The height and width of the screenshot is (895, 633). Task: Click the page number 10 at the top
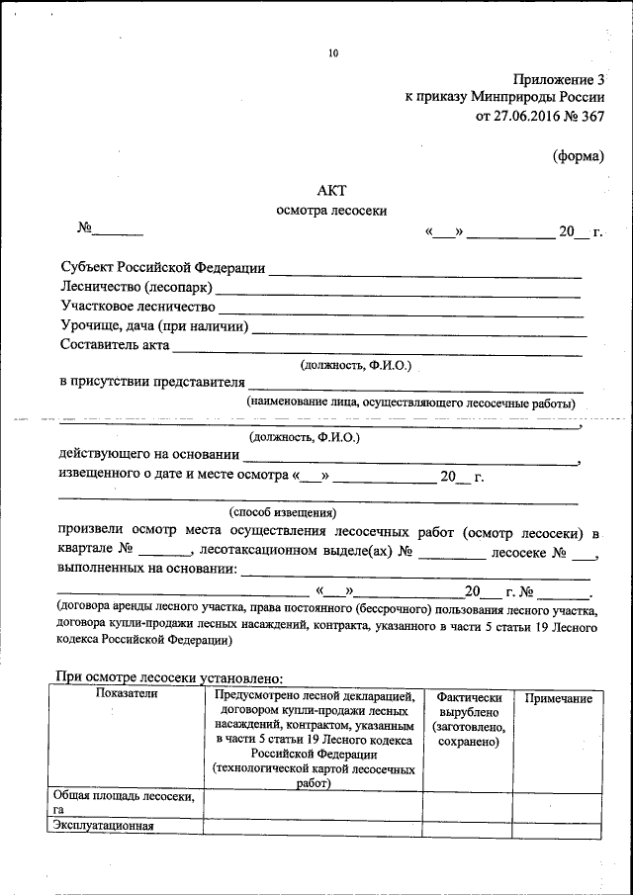[x=333, y=54]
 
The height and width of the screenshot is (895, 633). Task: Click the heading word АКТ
[x=332, y=190]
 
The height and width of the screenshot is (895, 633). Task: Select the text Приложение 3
[x=558, y=79]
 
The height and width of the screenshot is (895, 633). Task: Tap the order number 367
[x=589, y=117]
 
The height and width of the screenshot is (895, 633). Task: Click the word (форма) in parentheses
[x=577, y=155]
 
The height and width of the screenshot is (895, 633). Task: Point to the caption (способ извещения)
[x=283, y=512]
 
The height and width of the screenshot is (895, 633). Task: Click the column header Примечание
[x=558, y=699]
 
